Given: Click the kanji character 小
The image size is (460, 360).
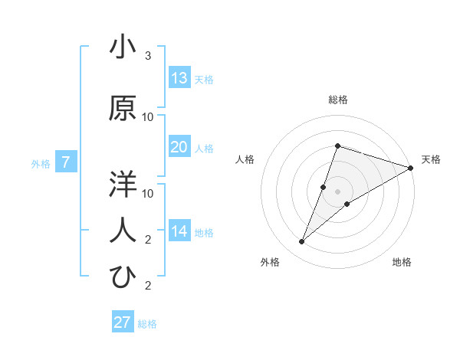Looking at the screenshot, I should tap(123, 47).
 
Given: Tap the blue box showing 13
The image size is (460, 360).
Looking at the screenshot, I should tap(179, 78).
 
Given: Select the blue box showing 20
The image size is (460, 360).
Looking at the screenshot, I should tap(179, 147).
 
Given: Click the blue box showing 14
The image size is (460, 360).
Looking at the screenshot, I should tap(179, 231).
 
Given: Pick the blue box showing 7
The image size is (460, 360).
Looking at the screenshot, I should tap(66, 162).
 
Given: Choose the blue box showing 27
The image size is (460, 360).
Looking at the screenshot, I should tap(123, 322).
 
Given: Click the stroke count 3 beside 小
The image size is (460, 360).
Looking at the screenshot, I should tap(148, 56).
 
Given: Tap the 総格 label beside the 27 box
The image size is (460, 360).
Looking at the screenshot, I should tap(147, 324).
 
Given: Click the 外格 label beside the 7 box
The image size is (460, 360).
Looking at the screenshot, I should tap(41, 164).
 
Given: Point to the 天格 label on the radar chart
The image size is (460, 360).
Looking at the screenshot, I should tap(431, 159).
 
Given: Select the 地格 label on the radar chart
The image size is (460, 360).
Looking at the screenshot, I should tap(402, 262).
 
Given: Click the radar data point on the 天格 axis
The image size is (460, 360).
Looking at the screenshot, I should tap(410, 168).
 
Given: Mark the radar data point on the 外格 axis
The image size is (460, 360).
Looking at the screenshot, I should tap(302, 242).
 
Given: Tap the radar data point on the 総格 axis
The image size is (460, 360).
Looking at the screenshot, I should tap(337, 146).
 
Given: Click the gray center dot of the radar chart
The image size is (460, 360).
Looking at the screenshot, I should tap(337, 191).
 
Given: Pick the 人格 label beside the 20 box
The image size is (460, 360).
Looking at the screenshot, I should tap(204, 149).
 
